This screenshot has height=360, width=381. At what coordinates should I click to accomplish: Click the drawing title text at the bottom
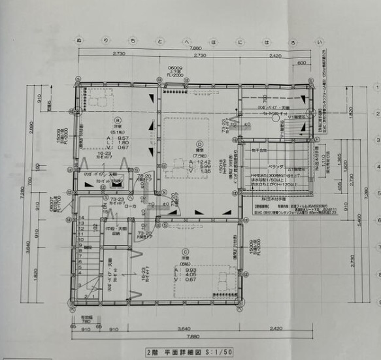click(x=190, y=352)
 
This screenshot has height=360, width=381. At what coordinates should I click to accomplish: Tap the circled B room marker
click(x=118, y=120)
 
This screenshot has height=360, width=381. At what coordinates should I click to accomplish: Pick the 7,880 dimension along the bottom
click(x=192, y=336)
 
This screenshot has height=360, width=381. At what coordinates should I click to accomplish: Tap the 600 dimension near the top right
click(x=301, y=63)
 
